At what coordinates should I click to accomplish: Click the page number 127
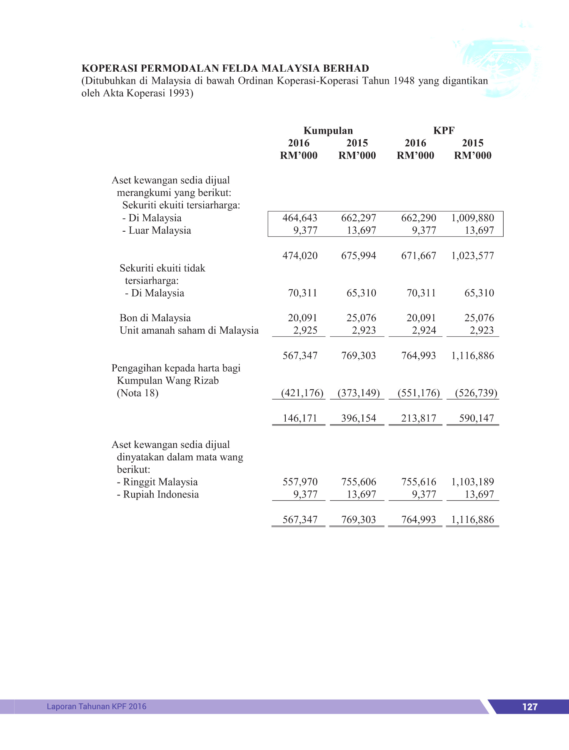pos(529,707)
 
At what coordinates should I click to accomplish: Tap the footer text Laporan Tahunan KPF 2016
pos(97,706)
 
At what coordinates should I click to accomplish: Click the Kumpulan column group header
pos(328,130)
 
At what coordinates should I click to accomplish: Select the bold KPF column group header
pos(444,130)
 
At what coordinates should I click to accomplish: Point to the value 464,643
pos(299,218)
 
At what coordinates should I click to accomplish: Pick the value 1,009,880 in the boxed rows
pos(472,218)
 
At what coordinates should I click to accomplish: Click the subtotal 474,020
pos(299,255)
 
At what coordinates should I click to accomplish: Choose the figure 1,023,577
pos(472,255)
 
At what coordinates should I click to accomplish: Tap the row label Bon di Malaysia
pos(155,318)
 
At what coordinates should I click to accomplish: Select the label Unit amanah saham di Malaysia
pos(189,330)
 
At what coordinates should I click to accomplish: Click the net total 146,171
pos(299,418)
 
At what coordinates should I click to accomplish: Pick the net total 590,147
pos(476,418)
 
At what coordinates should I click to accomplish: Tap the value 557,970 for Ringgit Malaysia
pos(299,482)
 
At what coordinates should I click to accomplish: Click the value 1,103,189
pos(472,482)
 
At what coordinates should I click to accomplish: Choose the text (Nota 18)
pos(137,393)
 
